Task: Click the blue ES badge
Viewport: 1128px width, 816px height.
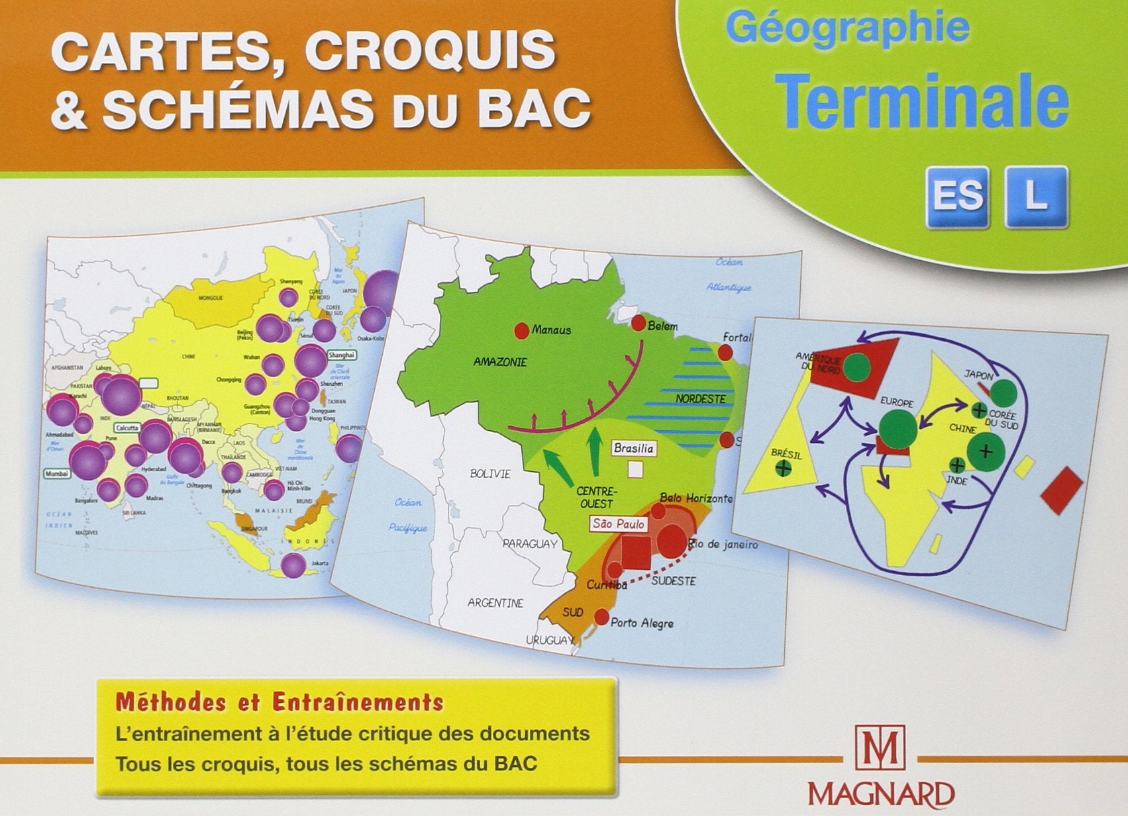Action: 957,197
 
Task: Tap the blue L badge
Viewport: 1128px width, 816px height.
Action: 1036,197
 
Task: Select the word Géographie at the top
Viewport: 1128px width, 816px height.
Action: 847,28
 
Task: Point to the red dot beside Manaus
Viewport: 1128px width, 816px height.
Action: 522,330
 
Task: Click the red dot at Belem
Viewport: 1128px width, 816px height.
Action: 639,323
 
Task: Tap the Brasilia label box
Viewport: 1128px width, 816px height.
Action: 634,449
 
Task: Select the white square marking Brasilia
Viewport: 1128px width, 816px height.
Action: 635,469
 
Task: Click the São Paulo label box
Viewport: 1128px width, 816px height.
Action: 619,524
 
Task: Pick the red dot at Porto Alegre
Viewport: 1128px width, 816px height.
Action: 601,617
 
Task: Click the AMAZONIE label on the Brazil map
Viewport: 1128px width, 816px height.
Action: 500,362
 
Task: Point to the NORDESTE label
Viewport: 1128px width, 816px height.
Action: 701,399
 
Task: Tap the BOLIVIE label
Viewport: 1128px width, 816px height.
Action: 490,474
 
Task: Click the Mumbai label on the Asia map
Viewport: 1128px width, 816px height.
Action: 57,474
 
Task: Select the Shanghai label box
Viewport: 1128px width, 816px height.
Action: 342,355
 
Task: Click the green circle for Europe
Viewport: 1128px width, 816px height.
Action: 898,428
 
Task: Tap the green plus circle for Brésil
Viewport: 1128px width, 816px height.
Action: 783,469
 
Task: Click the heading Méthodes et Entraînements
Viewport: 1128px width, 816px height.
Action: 280,702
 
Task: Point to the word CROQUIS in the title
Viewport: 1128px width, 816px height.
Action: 430,50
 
